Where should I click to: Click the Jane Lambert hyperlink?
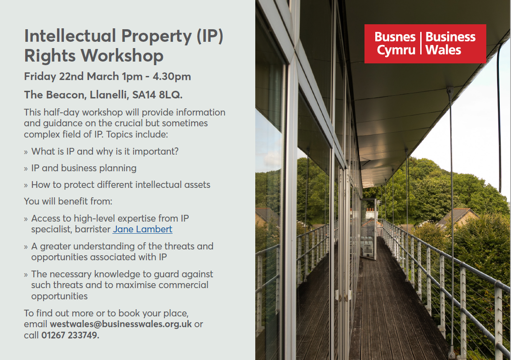142,229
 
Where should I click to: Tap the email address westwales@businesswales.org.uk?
120,324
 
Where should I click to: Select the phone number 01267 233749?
70,335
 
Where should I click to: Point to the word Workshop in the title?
122,56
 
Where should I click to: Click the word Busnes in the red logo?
395,37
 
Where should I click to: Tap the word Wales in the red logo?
443,50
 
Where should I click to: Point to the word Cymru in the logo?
396,50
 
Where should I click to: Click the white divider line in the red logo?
421,43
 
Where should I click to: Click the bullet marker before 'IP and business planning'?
26,169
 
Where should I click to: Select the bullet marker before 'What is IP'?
26,152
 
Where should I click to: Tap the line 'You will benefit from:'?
68,201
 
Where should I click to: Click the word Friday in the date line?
40,76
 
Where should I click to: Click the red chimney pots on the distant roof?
370,210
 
